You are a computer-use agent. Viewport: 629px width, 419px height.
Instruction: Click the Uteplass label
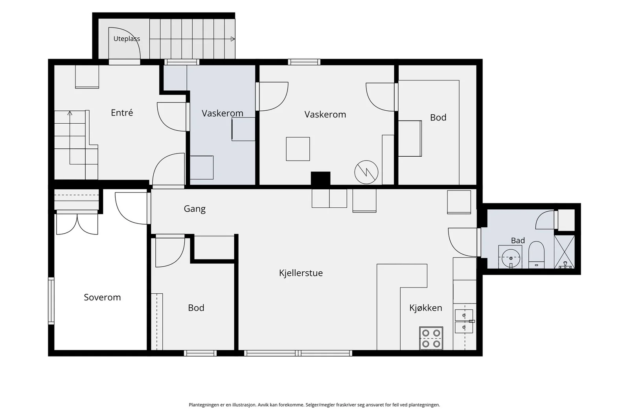pos(127,39)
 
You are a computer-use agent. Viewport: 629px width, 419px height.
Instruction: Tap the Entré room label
pos(122,113)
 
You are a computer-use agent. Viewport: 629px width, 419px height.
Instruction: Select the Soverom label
pos(102,297)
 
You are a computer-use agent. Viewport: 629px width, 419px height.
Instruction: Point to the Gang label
pos(195,209)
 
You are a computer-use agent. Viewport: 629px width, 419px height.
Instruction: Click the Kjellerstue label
pos(301,273)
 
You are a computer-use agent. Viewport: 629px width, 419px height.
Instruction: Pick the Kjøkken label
pos(426,308)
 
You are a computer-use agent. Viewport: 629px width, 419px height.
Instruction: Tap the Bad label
pos(518,240)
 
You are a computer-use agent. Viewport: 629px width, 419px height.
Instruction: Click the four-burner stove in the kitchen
pos(431,338)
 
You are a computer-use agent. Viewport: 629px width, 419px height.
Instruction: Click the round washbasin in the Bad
pos(511,257)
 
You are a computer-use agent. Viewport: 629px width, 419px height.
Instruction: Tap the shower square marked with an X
pos(565,252)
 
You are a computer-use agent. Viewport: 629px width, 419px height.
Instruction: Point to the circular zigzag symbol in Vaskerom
pos(366,172)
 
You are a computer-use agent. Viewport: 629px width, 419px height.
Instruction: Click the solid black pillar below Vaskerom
pos(320,179)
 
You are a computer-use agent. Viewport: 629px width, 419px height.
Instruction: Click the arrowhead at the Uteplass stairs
pos(233,39)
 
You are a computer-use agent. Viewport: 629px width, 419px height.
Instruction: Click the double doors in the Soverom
pos(77,223)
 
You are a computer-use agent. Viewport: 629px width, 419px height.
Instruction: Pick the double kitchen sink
pos(464,321)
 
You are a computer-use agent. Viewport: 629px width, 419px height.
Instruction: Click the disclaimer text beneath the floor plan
pos(314,405)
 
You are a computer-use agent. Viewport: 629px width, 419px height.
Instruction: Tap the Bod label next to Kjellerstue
pos(196,308)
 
